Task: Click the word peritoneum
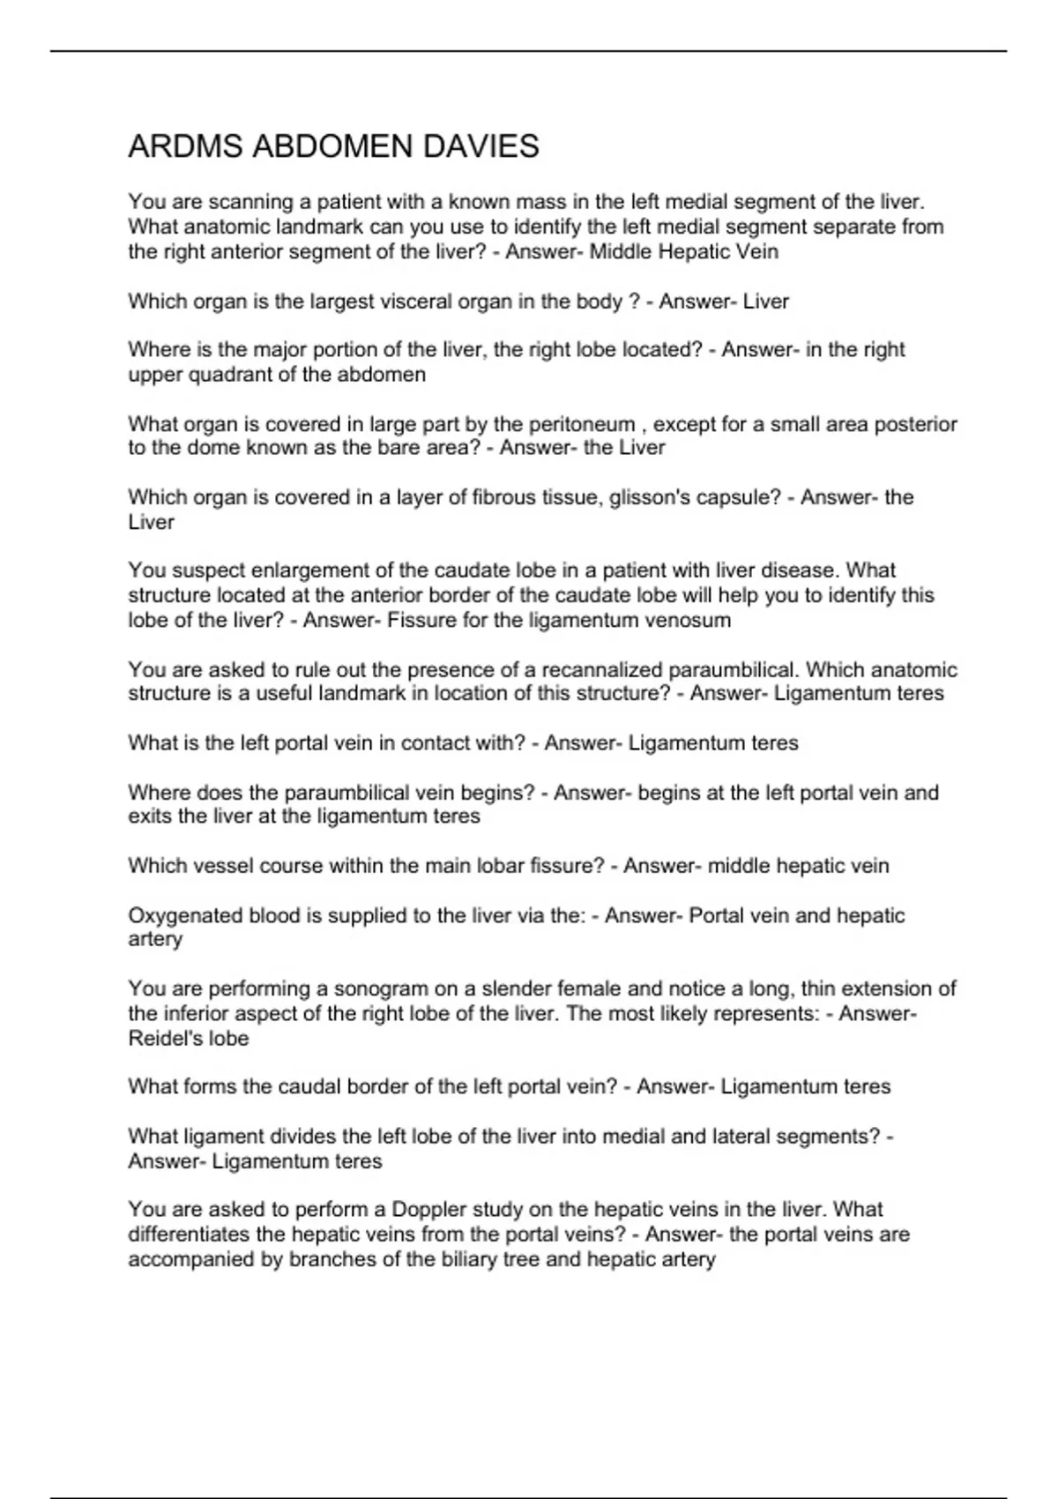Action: pyautogui.click(x=582, y=424)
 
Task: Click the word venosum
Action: pyautogui.click(x=688, y=620)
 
